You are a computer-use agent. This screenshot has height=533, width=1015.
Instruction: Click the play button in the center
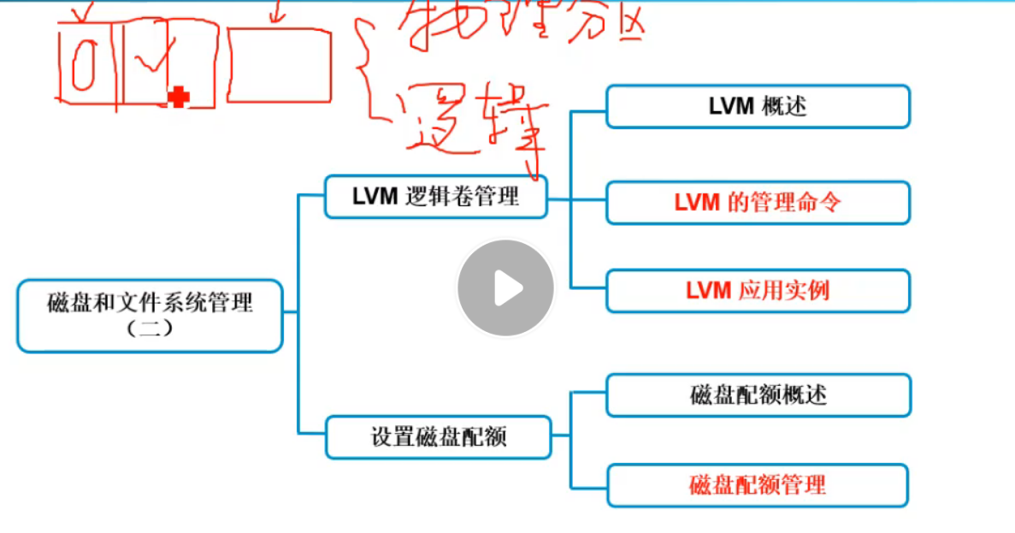[505, 287]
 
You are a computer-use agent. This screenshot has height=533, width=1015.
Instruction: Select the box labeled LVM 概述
[758, 106]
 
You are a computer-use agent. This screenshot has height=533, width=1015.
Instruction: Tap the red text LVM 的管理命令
[758, 203]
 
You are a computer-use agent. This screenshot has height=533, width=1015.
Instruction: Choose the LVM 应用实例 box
[758, 291]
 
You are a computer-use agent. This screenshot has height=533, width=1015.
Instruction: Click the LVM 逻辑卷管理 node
[435, 197]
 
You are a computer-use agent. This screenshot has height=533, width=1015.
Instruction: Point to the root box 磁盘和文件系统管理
[150, 315]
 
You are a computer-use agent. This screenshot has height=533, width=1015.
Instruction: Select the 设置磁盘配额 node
[438, 437]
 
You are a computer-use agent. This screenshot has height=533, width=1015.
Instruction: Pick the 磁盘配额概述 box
[758, 395]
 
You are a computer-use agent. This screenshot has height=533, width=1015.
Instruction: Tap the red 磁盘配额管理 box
[758, 485]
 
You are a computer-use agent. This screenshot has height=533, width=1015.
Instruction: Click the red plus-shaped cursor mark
[178, 98]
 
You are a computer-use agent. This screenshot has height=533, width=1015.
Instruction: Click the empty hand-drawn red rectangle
[279, 65]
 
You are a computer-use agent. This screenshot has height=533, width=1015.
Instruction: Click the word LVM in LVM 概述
[730, 106]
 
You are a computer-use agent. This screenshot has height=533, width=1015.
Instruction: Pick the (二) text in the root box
[150, 328]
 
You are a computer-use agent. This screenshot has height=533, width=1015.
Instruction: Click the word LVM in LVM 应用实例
[707, 291]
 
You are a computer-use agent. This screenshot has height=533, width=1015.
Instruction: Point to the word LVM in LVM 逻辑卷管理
[375, 197]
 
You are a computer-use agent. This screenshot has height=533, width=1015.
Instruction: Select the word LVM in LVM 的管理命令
[696, 203]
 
